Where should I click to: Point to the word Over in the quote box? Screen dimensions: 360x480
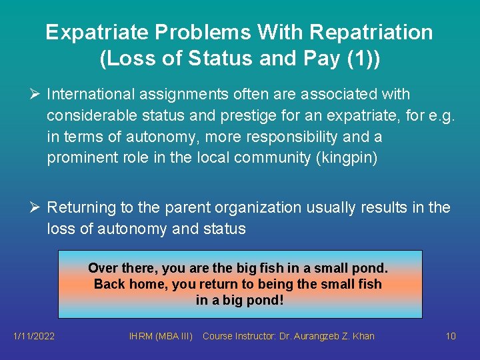(x=102, y=268)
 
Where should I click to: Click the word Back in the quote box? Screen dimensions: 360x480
(x=109, y=284)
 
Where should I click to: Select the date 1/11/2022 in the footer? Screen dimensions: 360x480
(x=34, y=336)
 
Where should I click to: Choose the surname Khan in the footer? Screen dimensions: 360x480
(x=364, y=336)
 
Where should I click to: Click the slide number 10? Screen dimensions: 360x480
(x=451, y=336)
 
